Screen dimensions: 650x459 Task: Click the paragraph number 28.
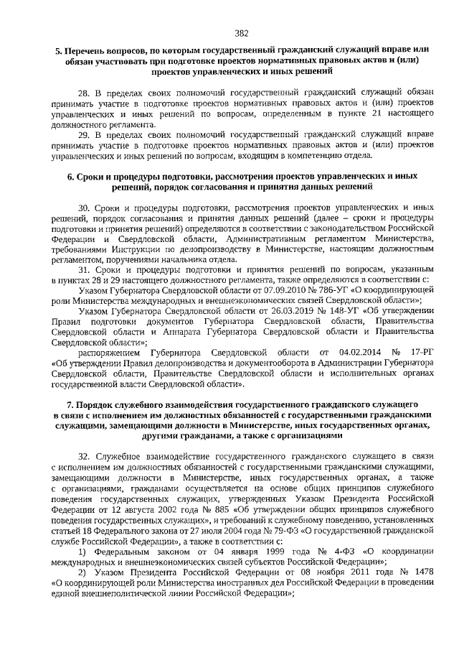(83, 93)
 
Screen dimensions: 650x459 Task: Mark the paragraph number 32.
(83, 457)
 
